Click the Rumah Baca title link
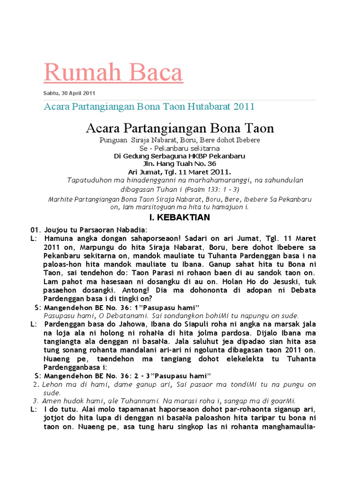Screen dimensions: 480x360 113,73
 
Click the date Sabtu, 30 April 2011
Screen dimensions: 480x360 69,93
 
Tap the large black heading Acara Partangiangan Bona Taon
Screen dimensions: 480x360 180,128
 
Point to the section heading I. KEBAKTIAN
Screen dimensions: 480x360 180,217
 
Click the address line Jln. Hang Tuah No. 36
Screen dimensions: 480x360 180,164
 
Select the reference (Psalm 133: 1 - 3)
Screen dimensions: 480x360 211,189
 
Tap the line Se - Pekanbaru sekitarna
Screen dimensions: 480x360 180,148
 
